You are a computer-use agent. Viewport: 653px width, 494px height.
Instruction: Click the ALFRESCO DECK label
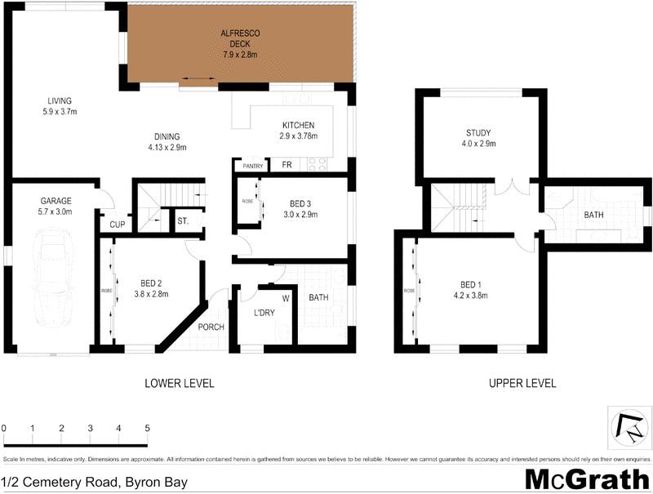pyautogui.click(x=240, y=38)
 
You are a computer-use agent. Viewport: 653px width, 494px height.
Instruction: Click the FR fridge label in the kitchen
pyautogui.click(x=287, y=165)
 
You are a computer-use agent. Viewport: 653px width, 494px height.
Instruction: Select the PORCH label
pyautogui.click(x=211, y=327)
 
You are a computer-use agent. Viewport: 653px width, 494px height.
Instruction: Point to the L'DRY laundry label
pyautogui.click(x=263, y=314)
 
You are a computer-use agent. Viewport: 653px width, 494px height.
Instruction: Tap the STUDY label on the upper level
pyautogui.click(x=478, y=132)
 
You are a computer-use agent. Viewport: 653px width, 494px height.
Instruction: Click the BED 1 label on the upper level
pyautogui.click(x=472, y=284)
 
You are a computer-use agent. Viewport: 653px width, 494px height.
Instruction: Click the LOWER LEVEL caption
pyautogui.click(x=180, y=383)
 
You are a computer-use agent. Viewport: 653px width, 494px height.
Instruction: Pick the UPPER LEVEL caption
pyautogui.click(x=522, y=383)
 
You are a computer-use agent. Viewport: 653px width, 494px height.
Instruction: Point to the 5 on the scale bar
pyautogui.click(x=148, y=428)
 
